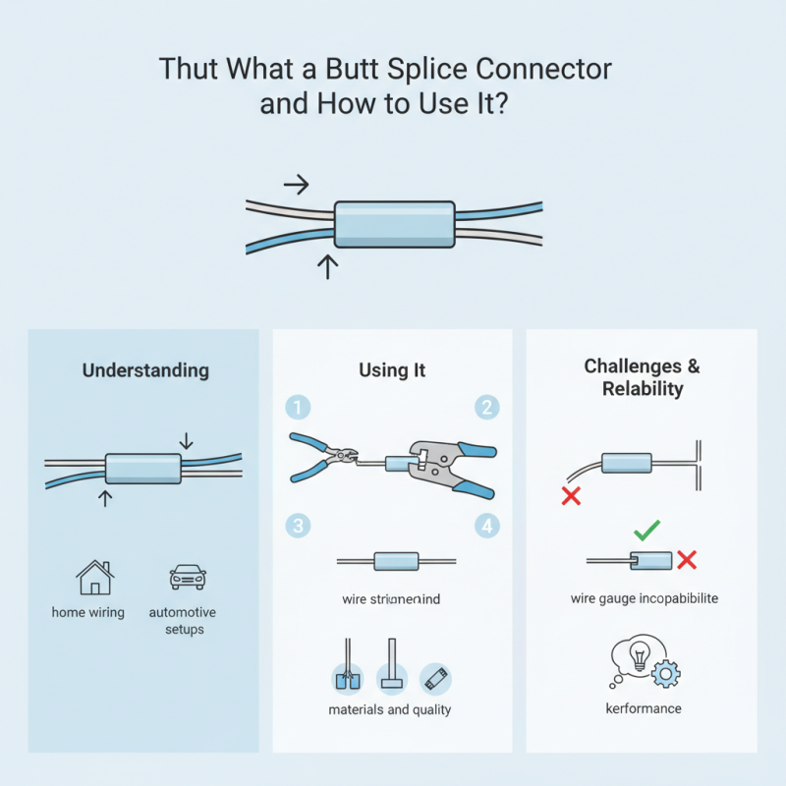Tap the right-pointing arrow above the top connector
point(296,184)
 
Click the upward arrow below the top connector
point(328,265)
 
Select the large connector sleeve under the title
point(393,224)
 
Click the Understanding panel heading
point(145,370)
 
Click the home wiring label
point(88,612)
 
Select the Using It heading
point(391,370)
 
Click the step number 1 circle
point(297,407)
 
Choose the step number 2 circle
point(486,407)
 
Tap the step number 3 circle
point(297,525)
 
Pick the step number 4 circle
point(486,525)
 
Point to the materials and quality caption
point(390,709)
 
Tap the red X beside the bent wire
point(570,496)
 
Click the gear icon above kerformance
point(666,673)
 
